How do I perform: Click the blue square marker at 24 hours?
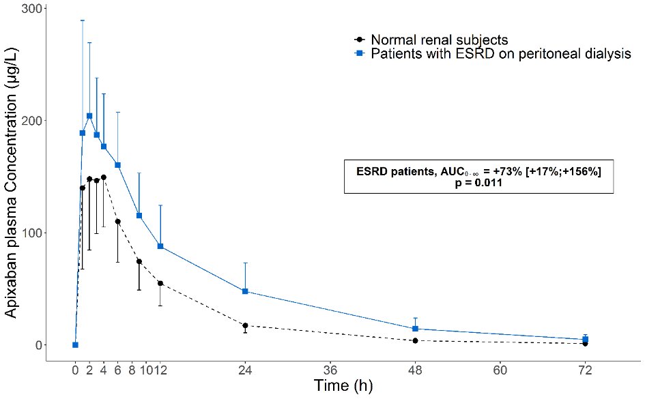[x=245, y=291]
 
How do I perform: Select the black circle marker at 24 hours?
[x=245, y=325]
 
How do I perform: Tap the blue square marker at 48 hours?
[x=415, y=329]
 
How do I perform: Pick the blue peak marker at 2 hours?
[x=89, y=116]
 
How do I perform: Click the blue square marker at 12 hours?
[x=160, y=246]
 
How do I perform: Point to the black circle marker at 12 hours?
[x=160, y=283]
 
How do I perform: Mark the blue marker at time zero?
[x=75, y=345]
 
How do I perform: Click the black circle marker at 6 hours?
[x=117, y=222]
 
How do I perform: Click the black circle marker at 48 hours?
[x=415, y=340]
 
